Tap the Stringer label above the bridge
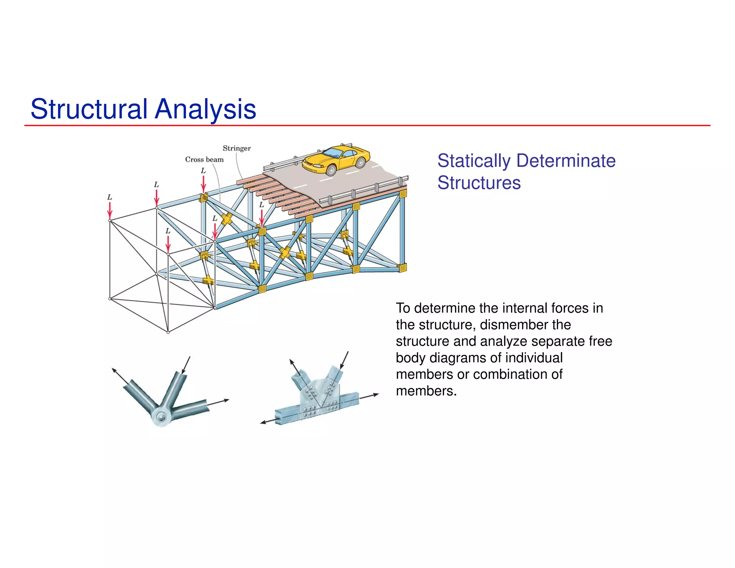click(237, 148)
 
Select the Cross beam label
click(204, 159)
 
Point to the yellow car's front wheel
click(332, 170)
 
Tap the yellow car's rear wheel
click(360, 163)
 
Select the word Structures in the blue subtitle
click(479, 183)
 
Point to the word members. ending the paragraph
click(426, 391)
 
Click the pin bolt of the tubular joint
click(161, 417)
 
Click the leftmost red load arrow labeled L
click(110, 210)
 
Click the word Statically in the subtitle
click(474, 161)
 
